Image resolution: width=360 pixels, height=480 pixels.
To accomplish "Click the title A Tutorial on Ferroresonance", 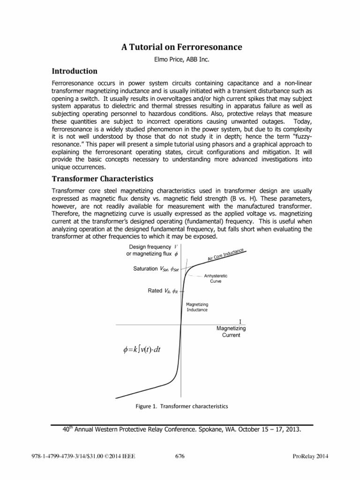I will [x=180, y=47].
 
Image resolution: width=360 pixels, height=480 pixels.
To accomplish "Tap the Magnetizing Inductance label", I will [x=197, y=307].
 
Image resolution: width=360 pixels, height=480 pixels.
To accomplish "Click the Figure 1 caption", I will [x=181, y=406].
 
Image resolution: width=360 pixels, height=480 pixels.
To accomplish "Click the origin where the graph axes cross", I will [x=181, y=324].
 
